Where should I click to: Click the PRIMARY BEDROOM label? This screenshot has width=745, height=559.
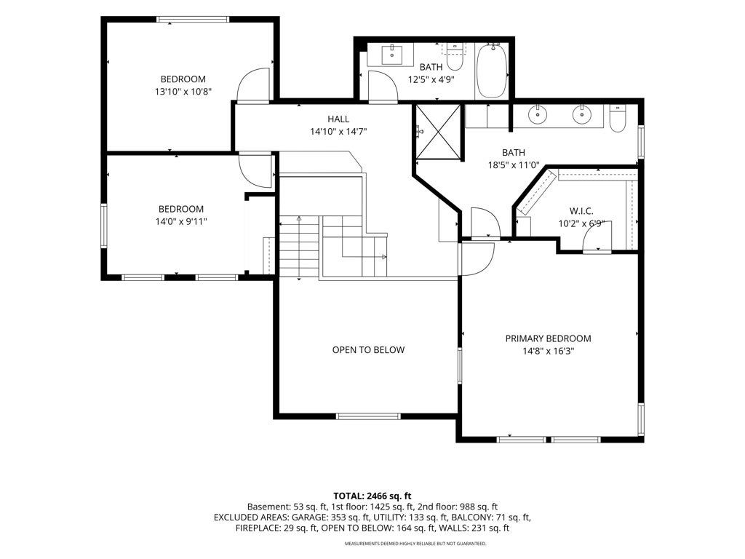click(x=548, y=338)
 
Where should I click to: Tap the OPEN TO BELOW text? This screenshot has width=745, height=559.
click(x=368, y=350)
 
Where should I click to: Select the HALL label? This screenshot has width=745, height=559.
click(x=338, y=119)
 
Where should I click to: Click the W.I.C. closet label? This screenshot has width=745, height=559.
click(x=581, y=212)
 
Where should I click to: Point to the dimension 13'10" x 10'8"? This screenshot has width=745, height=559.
click(x=183, y=92)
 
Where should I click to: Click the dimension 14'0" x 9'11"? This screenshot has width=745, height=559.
click(x=181, y=221)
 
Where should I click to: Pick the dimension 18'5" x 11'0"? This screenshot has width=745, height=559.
click(x=514, y=165)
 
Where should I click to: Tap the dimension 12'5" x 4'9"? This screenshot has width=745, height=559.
click(x=431, y=80)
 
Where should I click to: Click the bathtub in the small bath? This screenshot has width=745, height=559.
click(x=493, y=71)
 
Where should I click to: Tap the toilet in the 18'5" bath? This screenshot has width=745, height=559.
click(x=618, y=119)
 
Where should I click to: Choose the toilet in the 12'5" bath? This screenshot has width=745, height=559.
click(x=455, y=57)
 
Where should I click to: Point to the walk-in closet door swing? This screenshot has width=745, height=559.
click(x=597, y=235)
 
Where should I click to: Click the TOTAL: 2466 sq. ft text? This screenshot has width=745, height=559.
click(x=372, y=496)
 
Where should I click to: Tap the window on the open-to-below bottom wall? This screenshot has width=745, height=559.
click(x=368, y=416)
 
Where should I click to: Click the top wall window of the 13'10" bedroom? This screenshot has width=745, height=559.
click(x=193, y=20)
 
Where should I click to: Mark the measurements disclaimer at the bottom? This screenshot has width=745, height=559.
click(x=415, y=543)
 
